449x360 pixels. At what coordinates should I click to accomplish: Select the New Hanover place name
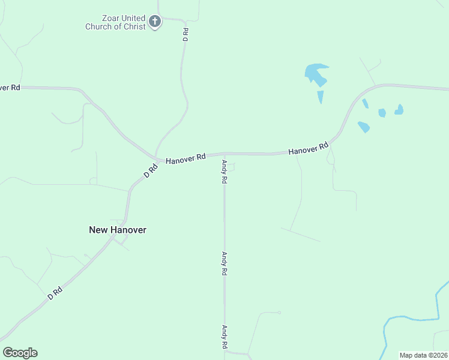[118, 230]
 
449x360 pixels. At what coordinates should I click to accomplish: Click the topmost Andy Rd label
[224, 172]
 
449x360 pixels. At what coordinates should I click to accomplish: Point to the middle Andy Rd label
[224, 263]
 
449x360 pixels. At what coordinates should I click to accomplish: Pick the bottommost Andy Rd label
[224, 337]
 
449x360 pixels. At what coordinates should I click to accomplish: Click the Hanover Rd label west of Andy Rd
[185, 159]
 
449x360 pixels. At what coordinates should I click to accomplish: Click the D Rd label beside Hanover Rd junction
[150, 171]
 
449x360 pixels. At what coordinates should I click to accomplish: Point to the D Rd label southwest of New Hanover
[55, 294]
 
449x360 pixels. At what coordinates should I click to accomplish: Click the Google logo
[20, 353]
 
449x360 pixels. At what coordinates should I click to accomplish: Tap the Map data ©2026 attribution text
[423, 355]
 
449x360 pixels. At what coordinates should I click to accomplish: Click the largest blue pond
[316, 74]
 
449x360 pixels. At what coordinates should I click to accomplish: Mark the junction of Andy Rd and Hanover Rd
[224, 154]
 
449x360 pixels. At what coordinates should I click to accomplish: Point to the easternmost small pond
[399, 110]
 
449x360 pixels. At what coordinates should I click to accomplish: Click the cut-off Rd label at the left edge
[10, 88]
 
